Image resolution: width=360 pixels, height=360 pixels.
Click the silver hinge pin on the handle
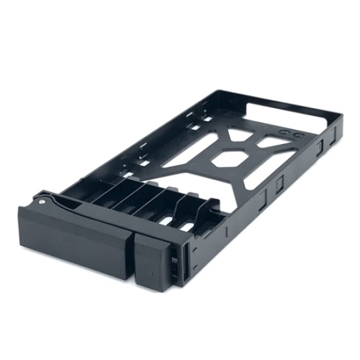(43, 202)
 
